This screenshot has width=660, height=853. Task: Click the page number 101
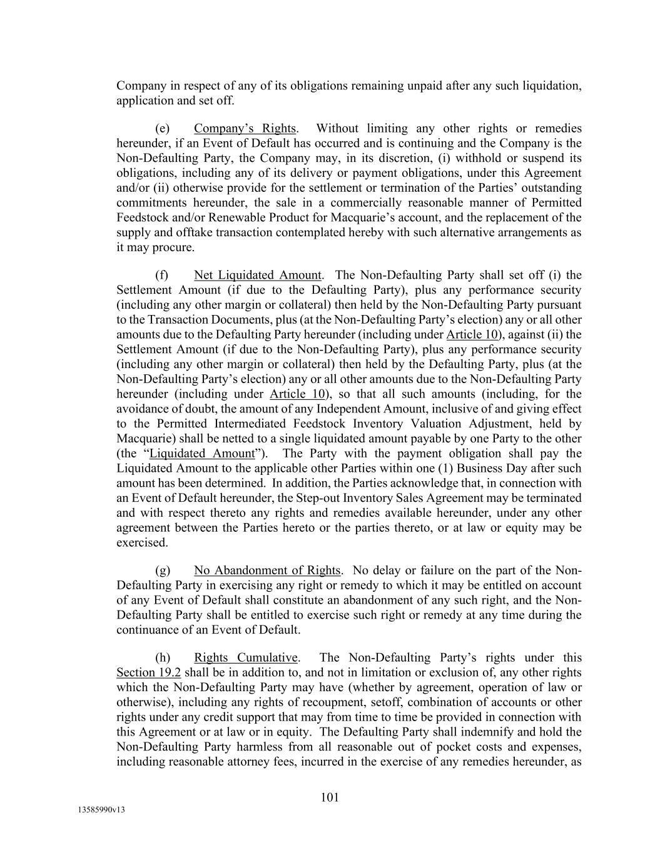(x=330, y=797)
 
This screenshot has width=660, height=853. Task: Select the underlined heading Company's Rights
(x=245, y=128)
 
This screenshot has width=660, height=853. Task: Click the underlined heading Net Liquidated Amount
(x=258, y=275)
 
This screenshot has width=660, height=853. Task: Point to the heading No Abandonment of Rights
(x=267, y=570)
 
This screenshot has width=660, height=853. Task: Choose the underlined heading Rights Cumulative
(x=246, y=657)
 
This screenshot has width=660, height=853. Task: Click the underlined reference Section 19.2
(x=148, y=672)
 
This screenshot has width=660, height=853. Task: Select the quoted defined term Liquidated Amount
(x=202, y=453)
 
